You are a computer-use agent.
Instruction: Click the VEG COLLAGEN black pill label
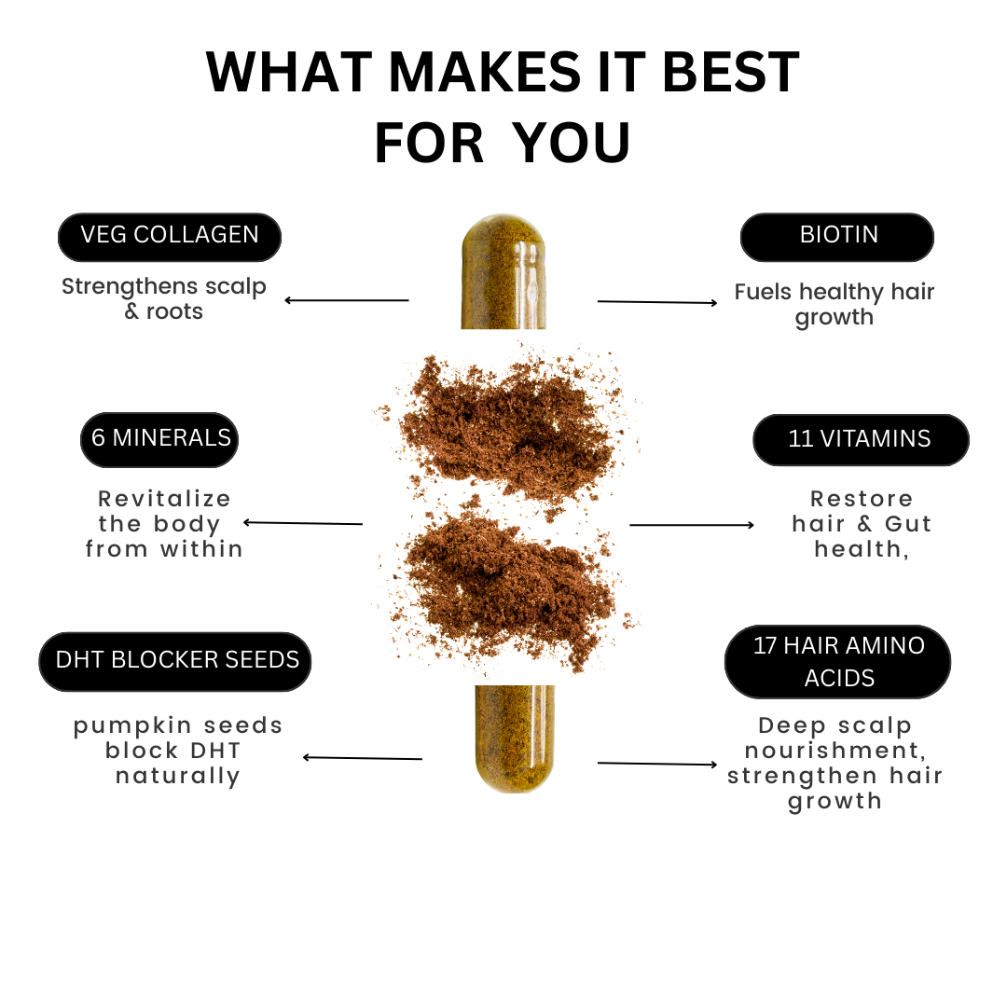(170, 237)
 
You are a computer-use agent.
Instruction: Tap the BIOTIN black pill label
(836, 237)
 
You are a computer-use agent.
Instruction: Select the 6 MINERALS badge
(159, 440)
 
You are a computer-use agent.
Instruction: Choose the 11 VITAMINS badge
(861, 440)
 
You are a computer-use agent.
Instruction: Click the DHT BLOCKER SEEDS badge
(175, 661)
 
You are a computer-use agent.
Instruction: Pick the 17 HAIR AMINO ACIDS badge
(837, 661)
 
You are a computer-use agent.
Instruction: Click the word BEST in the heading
(730, 72)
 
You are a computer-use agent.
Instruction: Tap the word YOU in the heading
(572, 143)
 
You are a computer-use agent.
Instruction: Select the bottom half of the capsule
(515, 738)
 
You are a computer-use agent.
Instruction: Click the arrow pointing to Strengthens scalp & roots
(347, 300)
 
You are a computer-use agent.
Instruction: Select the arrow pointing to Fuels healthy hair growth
(657, 302)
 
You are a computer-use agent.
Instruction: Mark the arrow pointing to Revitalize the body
(302, 523)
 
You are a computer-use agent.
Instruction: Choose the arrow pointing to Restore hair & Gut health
(692, 525)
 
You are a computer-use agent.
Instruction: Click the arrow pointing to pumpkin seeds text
(362, 758)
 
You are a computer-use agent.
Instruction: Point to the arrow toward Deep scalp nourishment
(657, 764)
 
